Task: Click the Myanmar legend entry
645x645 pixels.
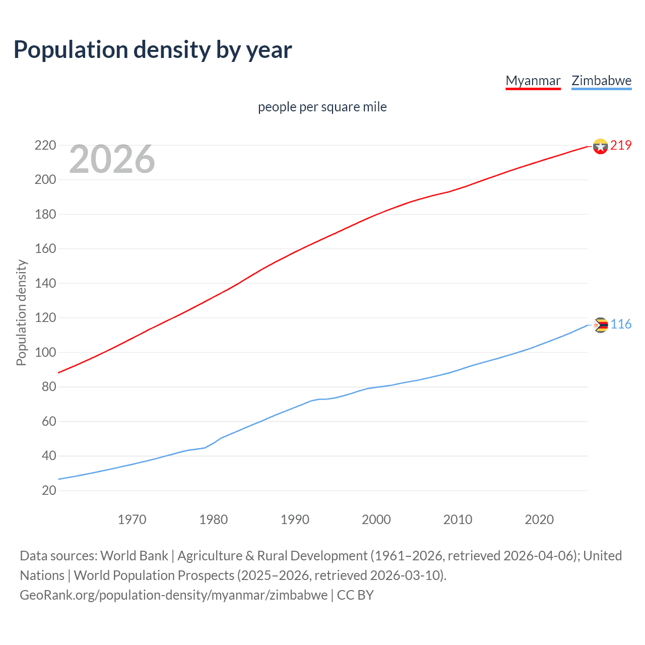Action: point(533,81)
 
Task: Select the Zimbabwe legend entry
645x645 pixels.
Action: point(601,81)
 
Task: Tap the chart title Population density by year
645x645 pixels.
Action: point(153,49)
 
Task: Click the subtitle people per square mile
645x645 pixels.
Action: point(322,107)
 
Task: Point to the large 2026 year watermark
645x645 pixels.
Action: point(112,159)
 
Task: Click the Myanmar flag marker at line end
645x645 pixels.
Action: point(600,146)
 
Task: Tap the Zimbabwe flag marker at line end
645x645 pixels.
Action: point(600,325)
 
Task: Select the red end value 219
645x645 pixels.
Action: point(621,146)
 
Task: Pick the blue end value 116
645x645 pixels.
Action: point(621,325)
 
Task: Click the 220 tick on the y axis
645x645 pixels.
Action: point(45,146)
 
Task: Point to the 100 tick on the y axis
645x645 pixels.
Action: point(45,353)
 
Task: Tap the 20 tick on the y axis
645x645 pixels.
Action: point(49,491)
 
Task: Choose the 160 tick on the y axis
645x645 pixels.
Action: point(45,249)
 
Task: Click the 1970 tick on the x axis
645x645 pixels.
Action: point(132,520)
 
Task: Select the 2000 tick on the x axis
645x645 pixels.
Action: point(376,520)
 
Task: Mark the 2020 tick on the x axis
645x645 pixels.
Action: point(539,520)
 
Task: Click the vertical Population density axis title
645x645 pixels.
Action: point(21,312)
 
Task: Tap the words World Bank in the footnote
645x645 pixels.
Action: point(134,556)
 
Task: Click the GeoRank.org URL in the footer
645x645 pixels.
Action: point(174,595)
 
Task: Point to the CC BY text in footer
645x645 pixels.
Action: point(355,595)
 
